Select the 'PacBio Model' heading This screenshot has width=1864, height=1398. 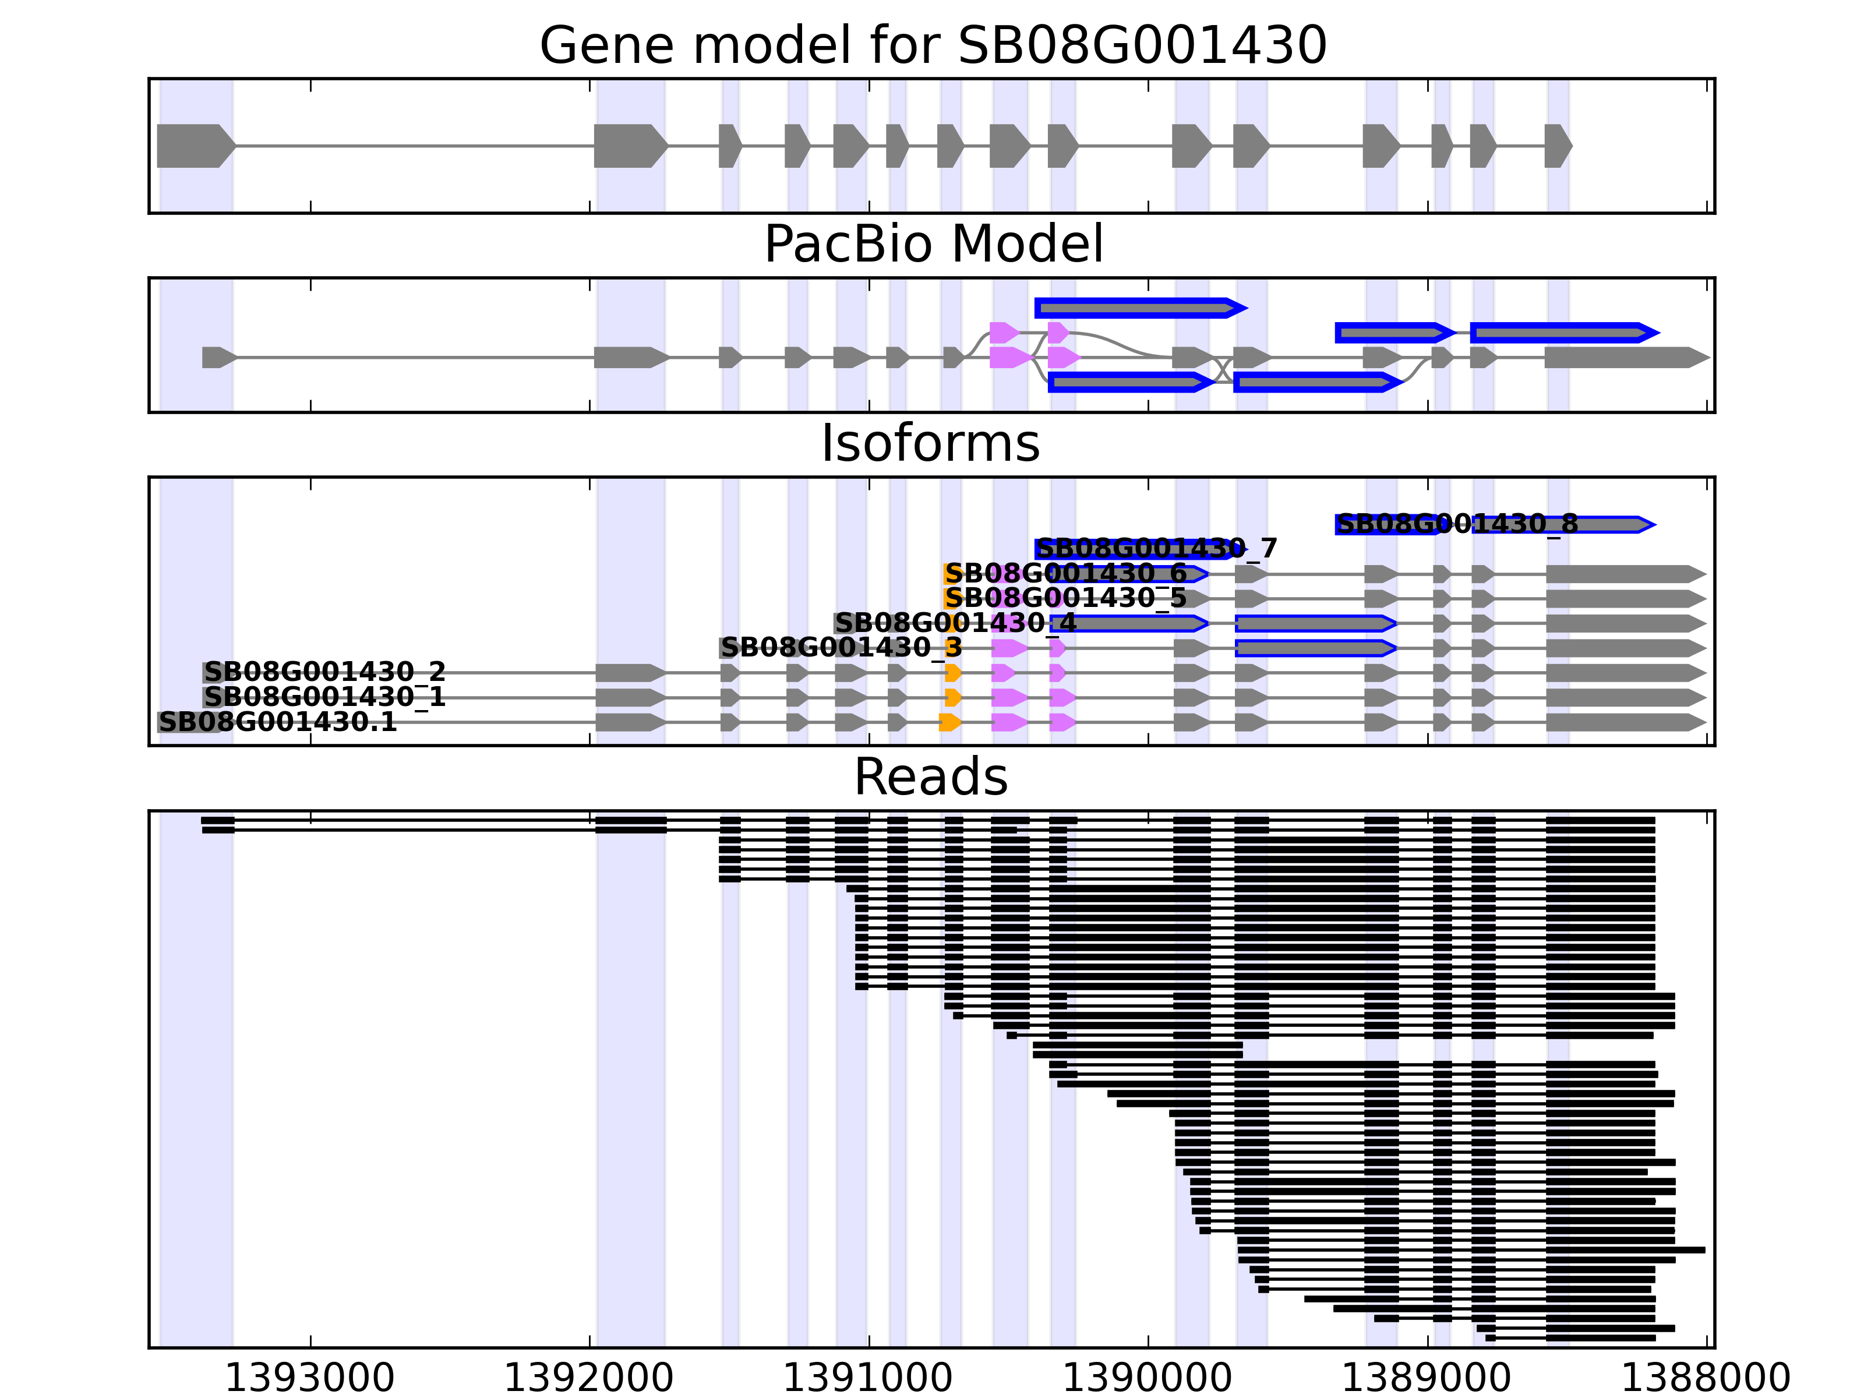coord(933,245)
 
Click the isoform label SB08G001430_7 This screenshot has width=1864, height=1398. coord(1156,549)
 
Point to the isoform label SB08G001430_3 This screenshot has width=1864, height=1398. coord(841,647)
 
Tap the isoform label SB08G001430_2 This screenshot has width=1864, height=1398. coord(324,672)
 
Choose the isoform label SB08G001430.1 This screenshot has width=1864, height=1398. coord(277,722)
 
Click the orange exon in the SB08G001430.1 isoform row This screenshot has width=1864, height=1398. coord(949,722)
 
